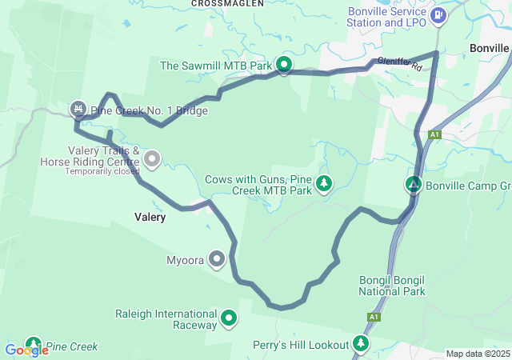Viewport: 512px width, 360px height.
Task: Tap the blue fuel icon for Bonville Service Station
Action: pos(438,15)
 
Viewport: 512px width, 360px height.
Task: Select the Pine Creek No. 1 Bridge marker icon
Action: pos(78,108)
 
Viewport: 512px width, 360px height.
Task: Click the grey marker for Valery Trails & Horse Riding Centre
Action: pos(153,160)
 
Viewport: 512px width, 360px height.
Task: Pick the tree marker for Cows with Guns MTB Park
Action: pos(324,184)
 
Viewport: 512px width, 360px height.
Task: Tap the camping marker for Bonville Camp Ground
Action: pos(413,185)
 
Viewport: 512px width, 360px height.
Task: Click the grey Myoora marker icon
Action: pos(216,259)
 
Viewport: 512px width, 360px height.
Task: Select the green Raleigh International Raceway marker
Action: pos(229,318)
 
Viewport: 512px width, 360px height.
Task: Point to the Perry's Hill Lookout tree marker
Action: pos(362,344)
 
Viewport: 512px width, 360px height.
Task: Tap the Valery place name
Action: pos(150,217)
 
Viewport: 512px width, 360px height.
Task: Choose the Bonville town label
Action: pos(488,48)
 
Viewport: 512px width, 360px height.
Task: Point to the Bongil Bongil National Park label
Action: pos(392,284)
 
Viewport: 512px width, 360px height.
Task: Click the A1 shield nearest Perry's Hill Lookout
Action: pos(374,318)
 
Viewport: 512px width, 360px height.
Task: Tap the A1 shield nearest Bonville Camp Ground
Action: pos(434,134)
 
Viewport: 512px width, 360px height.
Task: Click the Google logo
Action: pos(26,350)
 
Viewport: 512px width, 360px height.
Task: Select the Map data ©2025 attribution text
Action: pos(477,354)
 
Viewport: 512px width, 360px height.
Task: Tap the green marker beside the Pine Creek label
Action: pos(33,344)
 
